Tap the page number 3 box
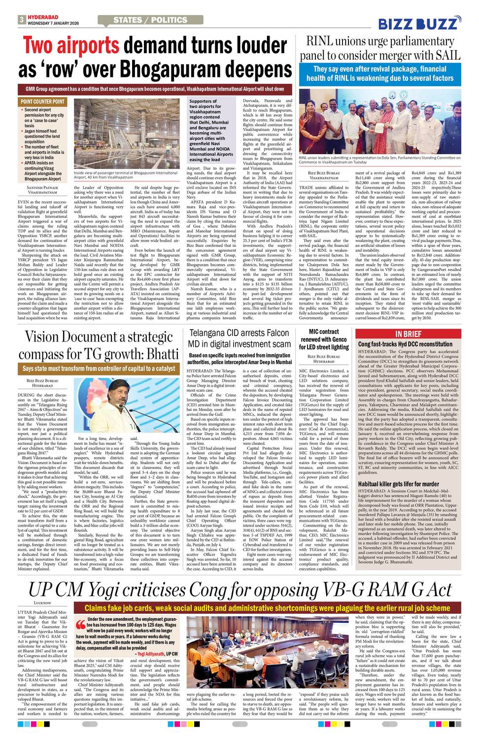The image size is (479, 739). pos(22,20)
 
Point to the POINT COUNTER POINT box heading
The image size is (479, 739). pos(42,102)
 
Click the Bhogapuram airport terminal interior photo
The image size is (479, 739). pos(125,134)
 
